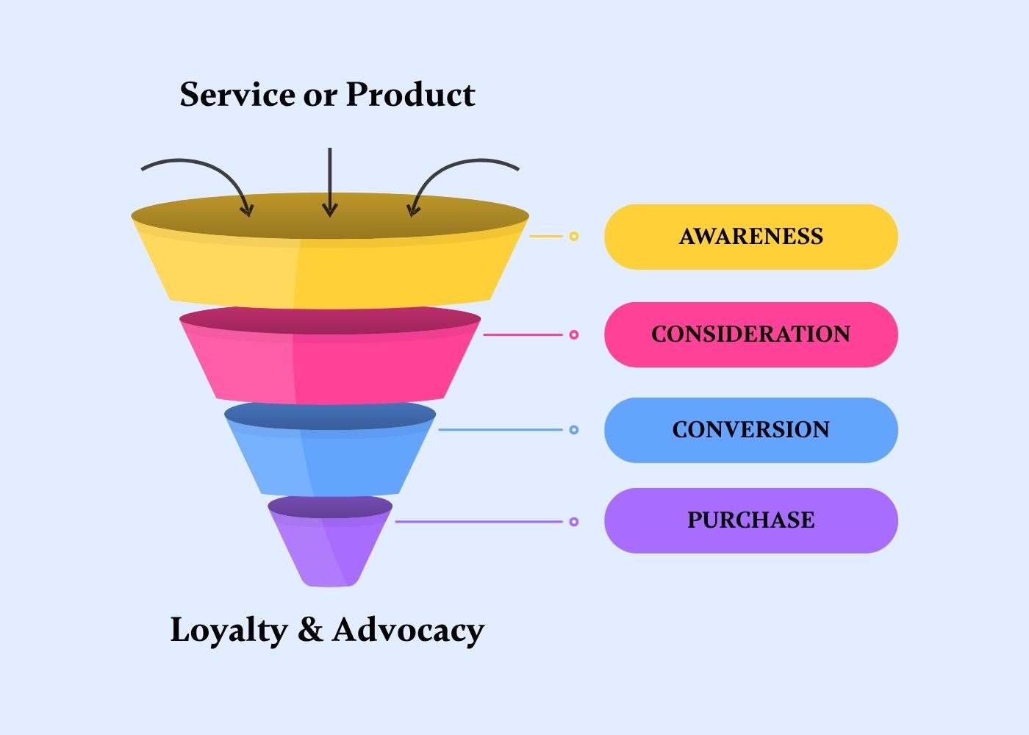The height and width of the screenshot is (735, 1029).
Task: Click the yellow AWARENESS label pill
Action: [750, 237]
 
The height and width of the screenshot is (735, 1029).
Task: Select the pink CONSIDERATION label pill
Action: [750, 334]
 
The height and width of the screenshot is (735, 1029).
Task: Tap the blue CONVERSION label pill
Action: [750, 430]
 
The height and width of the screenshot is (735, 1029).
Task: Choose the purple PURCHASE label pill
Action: [750, 520]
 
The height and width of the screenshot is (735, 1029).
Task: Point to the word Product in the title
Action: [410, 95]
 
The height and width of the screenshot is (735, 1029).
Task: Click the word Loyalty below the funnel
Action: [229, 631]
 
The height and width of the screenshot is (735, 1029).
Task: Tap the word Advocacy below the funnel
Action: [408, 631]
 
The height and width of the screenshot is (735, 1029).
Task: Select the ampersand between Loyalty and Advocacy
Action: [310, 631]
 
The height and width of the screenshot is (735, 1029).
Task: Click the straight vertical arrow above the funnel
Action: [330, 180]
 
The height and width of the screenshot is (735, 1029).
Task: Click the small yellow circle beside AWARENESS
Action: [574, 237]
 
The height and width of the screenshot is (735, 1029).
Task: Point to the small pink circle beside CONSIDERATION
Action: [574, 334]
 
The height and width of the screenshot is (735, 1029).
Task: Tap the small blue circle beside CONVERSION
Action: [574, 430]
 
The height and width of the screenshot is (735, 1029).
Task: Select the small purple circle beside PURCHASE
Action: [574, 522]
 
